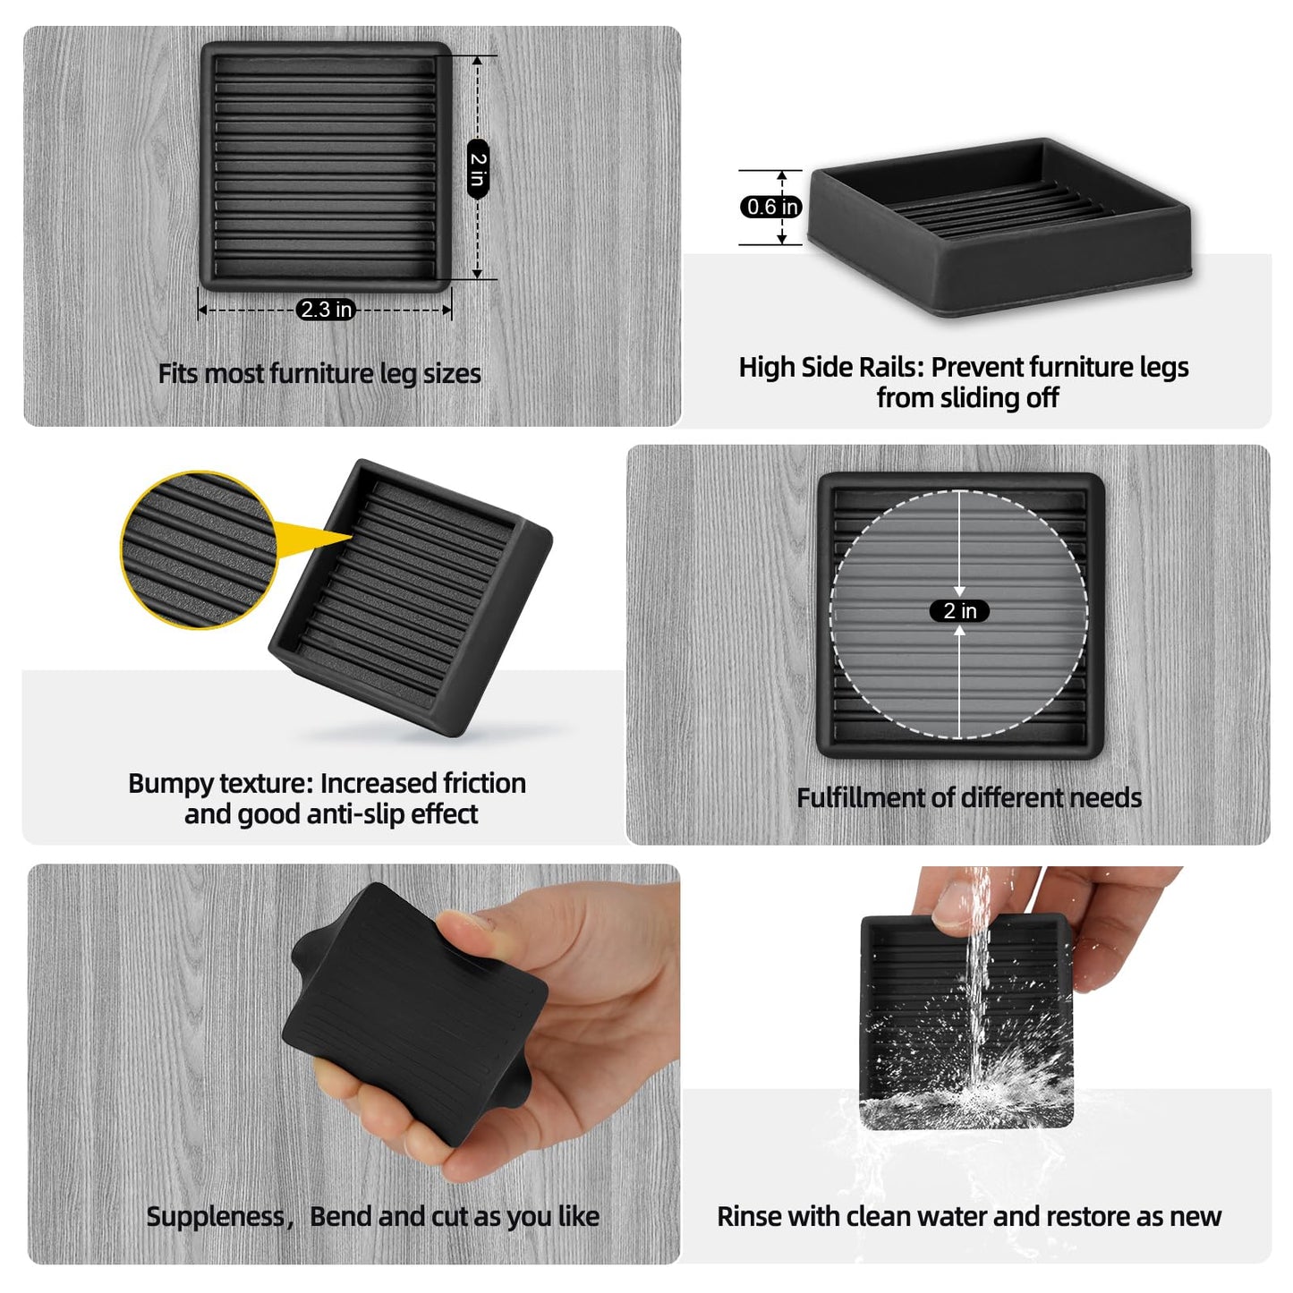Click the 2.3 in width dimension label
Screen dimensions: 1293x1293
click(x=326, y=310)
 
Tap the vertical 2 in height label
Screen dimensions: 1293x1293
click(x=478, y=169)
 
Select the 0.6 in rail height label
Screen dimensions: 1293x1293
click(x=770, y=207)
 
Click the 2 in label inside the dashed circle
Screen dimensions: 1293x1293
click(x=959, y=610)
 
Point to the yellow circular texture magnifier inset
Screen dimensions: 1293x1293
click(x=199, y=550)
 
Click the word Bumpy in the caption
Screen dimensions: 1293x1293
click(x=171, y=783)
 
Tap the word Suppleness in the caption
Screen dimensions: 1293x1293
click(x=215, y=1216)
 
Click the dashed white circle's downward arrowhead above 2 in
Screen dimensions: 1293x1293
click(x=959, y=591)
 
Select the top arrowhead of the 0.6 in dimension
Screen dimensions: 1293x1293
click(x=782, y=176)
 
